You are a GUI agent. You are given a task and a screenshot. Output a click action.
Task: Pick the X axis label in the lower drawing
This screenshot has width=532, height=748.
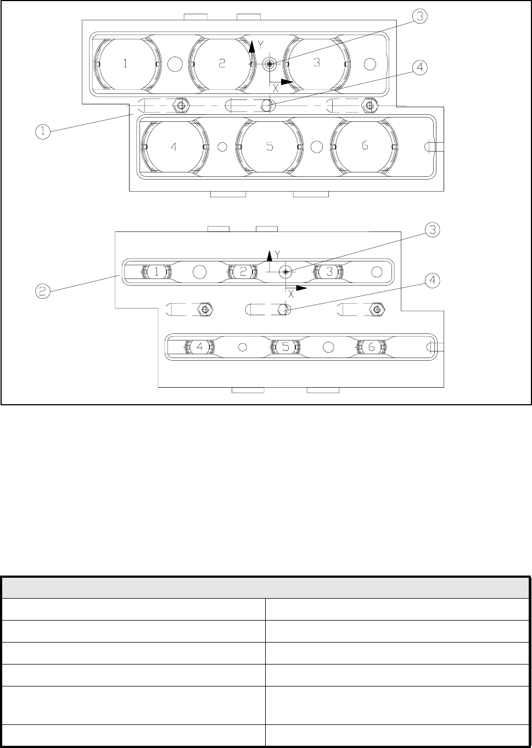pos(291,294)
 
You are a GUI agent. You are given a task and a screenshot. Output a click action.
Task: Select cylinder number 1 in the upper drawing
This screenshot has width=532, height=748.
pos(125,64)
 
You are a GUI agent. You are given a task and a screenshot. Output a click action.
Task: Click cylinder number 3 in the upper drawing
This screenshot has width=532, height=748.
pos(316,63)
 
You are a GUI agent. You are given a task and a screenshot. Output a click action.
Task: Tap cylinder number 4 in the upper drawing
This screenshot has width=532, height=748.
pos(173,147)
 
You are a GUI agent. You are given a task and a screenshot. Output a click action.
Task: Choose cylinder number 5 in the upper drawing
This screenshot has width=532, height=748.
pos(269,147)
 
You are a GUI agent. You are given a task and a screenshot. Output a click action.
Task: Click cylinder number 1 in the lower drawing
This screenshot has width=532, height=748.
pos(157,271)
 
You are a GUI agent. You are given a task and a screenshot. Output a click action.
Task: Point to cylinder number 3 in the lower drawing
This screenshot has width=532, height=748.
pos(329,271)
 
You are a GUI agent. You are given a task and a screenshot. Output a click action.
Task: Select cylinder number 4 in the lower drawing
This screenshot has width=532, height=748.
pos(200,347)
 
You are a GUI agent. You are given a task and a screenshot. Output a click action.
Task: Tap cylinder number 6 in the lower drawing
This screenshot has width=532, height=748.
pos(371,347)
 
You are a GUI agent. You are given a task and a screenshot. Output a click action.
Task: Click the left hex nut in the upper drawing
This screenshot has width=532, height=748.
pos(179,104)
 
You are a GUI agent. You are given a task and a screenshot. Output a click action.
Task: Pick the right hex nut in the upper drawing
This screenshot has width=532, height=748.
pos(369,104)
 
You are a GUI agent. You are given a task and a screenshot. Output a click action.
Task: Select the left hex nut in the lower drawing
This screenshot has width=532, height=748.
pos(205,310)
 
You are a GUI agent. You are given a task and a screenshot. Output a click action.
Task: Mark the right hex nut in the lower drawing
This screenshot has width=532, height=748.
pos(377,310)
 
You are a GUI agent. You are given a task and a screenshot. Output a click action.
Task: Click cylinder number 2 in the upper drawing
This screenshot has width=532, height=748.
pos(221,63)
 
